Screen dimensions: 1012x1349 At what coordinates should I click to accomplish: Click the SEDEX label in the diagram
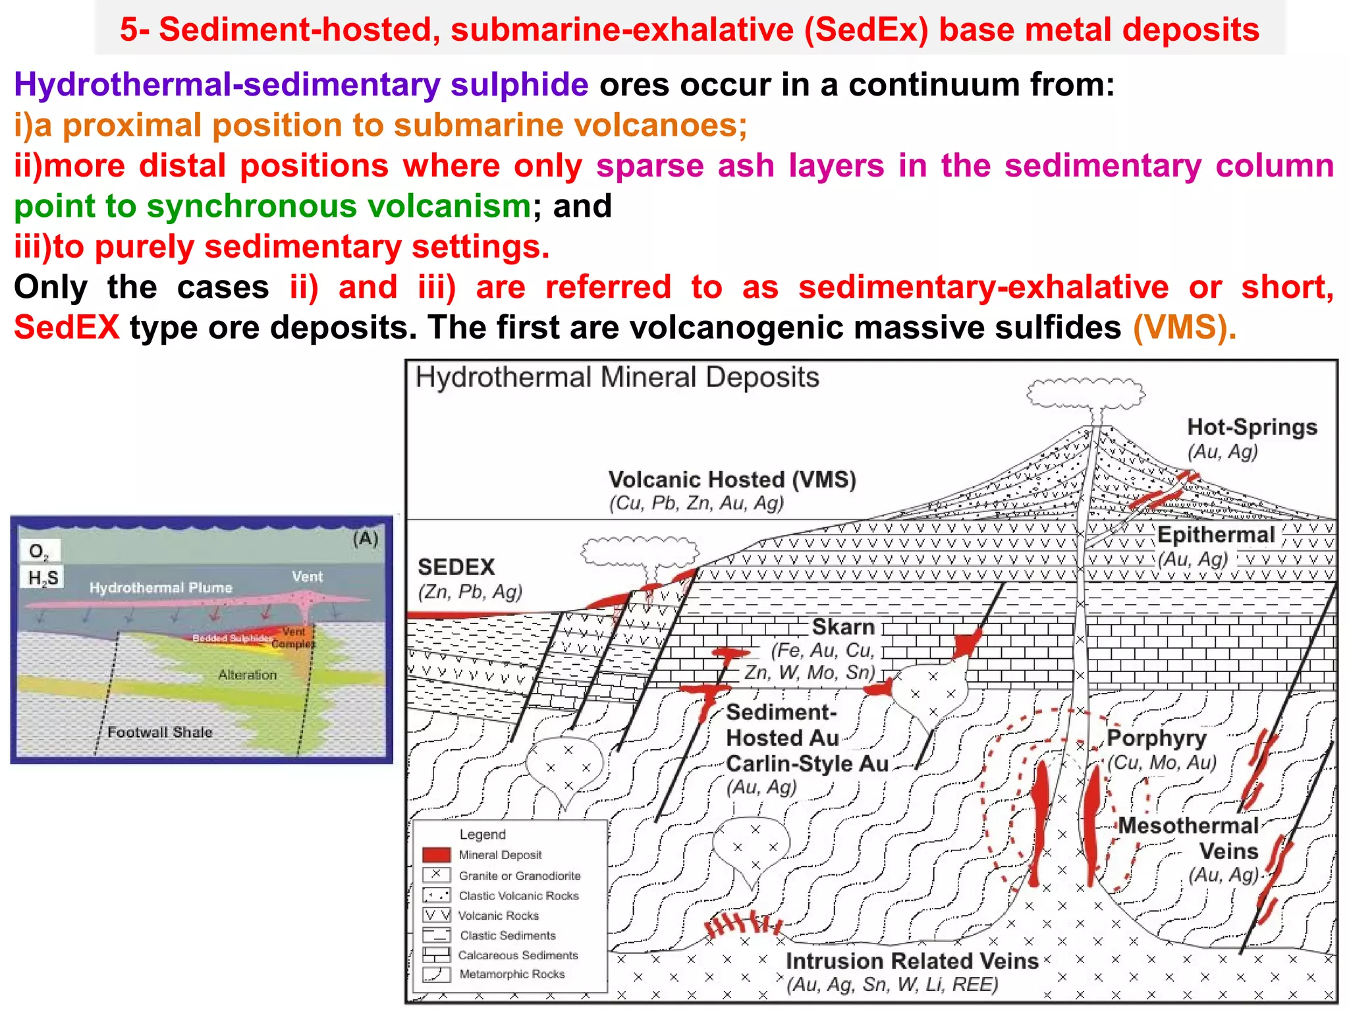coord(456,567)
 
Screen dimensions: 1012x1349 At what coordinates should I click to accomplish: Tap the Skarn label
coord(842,627)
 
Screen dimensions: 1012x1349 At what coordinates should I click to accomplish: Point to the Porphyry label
coord(1156,738)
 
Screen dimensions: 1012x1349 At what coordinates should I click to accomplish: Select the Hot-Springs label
coord(1252,427)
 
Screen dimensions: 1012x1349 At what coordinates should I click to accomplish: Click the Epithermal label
coord(1216,535)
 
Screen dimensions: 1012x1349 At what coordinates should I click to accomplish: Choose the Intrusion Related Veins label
coord(912,961)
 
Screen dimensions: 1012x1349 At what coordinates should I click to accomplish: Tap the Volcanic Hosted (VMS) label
coord(732,480)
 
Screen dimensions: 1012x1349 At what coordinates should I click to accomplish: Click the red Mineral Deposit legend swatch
coord(436,855)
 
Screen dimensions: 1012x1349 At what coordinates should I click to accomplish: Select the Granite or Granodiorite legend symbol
coord(436,876)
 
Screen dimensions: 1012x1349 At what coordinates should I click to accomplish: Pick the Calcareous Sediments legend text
coord(518,955)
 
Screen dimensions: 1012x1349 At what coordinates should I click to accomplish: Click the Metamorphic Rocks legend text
coord(512,974)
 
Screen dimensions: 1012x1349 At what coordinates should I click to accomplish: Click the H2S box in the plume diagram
coord(43,578)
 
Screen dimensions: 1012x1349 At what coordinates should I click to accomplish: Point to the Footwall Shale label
coord(159,732)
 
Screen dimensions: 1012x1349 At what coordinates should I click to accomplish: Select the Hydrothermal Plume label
coord(161,588)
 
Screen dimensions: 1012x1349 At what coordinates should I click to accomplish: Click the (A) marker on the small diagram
coord(366,539)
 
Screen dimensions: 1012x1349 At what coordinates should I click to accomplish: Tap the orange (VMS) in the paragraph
coord(1184,327)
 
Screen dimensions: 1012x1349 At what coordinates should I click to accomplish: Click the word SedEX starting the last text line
coord(67,327)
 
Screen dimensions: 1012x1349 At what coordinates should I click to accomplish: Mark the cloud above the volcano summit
coord(1085,393)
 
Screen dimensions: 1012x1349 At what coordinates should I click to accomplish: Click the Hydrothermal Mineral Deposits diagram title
coord(617,378)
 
